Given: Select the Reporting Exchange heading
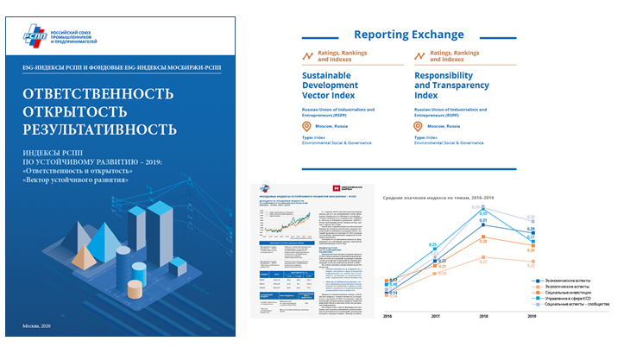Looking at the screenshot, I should [409, 35].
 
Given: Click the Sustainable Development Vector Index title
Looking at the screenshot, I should [335, 87].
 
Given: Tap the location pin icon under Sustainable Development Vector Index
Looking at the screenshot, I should [306, 126].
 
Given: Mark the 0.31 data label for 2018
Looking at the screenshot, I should [483, 221].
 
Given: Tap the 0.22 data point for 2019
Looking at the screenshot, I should [531, 264].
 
